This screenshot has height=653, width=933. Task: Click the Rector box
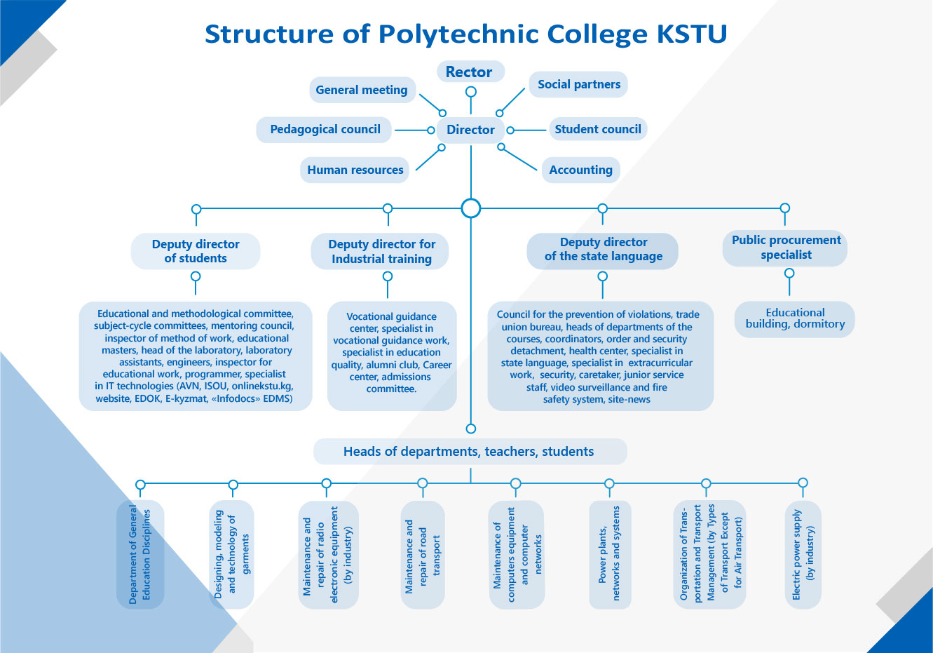[470, 72]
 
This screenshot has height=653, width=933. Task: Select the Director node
[470, 130]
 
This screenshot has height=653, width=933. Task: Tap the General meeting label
[362, 90]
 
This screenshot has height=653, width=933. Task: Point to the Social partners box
[578, 84]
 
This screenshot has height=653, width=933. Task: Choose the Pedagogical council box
[324, 130]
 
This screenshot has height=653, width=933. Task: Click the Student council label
[598, 129]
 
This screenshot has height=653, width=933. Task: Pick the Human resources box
[355, 170]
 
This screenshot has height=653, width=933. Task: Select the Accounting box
[581, 170]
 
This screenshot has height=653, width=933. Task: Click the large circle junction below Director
[471, 208]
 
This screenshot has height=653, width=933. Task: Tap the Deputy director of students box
[196, 251]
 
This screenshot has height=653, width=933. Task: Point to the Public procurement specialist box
[785, 248]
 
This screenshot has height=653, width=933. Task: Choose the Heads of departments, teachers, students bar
[470, 451]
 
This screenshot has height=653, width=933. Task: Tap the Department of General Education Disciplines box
[140, 555]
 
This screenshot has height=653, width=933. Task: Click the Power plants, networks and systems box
[610, 555]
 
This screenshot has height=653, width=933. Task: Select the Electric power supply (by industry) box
[803, 555]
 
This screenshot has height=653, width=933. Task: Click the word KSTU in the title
[692, 34]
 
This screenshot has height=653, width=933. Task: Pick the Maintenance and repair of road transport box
[423, 555]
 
